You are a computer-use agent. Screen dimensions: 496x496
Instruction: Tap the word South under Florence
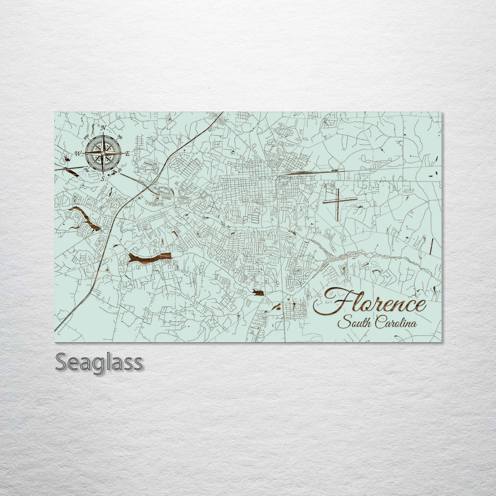pyautogui.click(x=354, y=323)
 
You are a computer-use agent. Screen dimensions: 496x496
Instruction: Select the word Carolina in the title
pyautogui.click(x=396, y=322)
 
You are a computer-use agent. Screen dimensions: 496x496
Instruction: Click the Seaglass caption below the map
pyautogui.click(x=99, y=362)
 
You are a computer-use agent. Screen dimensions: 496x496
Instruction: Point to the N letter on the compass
pyautogui.click(x=103, y=128)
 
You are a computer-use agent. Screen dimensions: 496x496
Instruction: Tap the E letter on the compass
pyautogui.click(x=127, y=153)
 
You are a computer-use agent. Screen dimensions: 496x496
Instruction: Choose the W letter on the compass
pyautogui.click(x=78, y=153)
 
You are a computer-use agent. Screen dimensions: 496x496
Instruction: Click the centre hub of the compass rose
pyautogui.click(x=103, y=153)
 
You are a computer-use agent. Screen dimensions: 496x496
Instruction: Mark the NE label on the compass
pyautogui.click(x=120, y=137)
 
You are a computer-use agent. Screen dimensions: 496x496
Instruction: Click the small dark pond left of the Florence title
pyautogui.click(x=258, y=293)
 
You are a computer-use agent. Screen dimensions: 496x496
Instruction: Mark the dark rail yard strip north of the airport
pyautogui.click(x=312, y=172)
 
